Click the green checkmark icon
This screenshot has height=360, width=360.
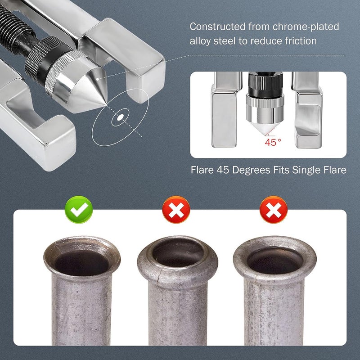pyautogui.click(x=78, y=210)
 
